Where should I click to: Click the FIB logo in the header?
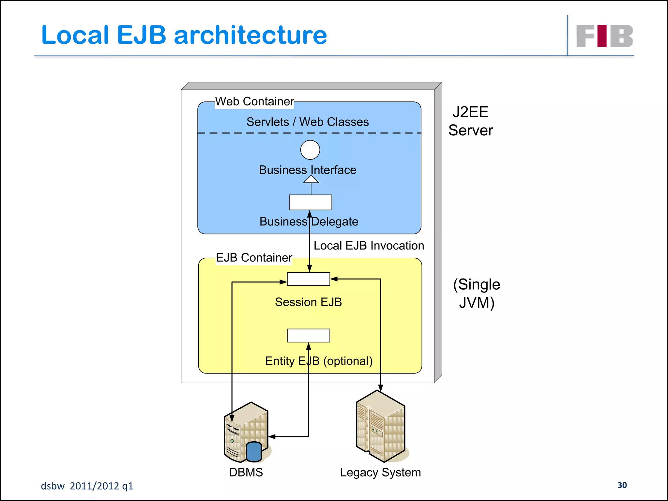(x=604, y=36)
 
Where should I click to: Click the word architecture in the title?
(x=250, y=35)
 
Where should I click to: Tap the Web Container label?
(x=254, y=101)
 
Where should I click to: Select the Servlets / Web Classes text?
(x=307, y=122)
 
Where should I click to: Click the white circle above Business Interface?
(x=310, y=150)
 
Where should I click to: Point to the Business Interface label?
(x=307, y=170)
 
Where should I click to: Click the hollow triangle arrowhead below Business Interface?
(x=311, y=180)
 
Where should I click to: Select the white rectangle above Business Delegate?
(x=310, y=203)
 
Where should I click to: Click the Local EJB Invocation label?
(x=369, y=246)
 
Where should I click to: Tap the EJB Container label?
(x=254, y=258)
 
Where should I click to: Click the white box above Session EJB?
(x=308, y=279)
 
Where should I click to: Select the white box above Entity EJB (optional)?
(x=308, y=335)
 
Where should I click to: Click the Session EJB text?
(x=308, y=302)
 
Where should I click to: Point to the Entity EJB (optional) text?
(x=319, y=361)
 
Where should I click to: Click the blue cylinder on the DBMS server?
(x=254, y=452)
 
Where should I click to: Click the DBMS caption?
(x=246, y=472)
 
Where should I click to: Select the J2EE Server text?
(x=470, y=121)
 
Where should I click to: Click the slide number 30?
(x=622, y=485)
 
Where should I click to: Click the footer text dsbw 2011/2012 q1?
(x=87, y=486)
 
